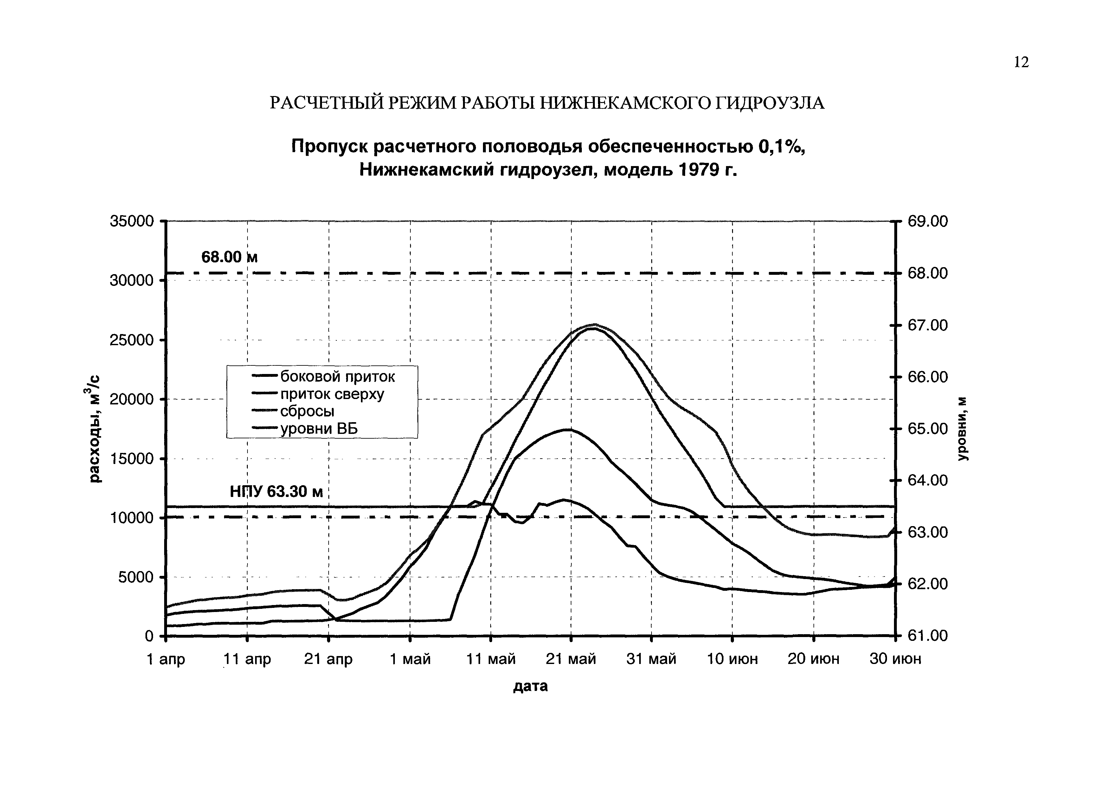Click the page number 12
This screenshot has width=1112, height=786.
click(x=1021, y=62)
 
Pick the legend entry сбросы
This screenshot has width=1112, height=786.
click(x=307, y=411)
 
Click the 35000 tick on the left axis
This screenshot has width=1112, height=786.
click(x=131, y=221)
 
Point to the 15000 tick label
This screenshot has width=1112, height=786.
click(x=131, y=459)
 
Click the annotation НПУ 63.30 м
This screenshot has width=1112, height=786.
click(x=276, y=492)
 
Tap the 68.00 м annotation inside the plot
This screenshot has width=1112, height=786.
click(x=229, y=257)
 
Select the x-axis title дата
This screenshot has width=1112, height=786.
click(x=530, y=686)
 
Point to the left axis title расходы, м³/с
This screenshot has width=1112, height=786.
click(x=95, y=428)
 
